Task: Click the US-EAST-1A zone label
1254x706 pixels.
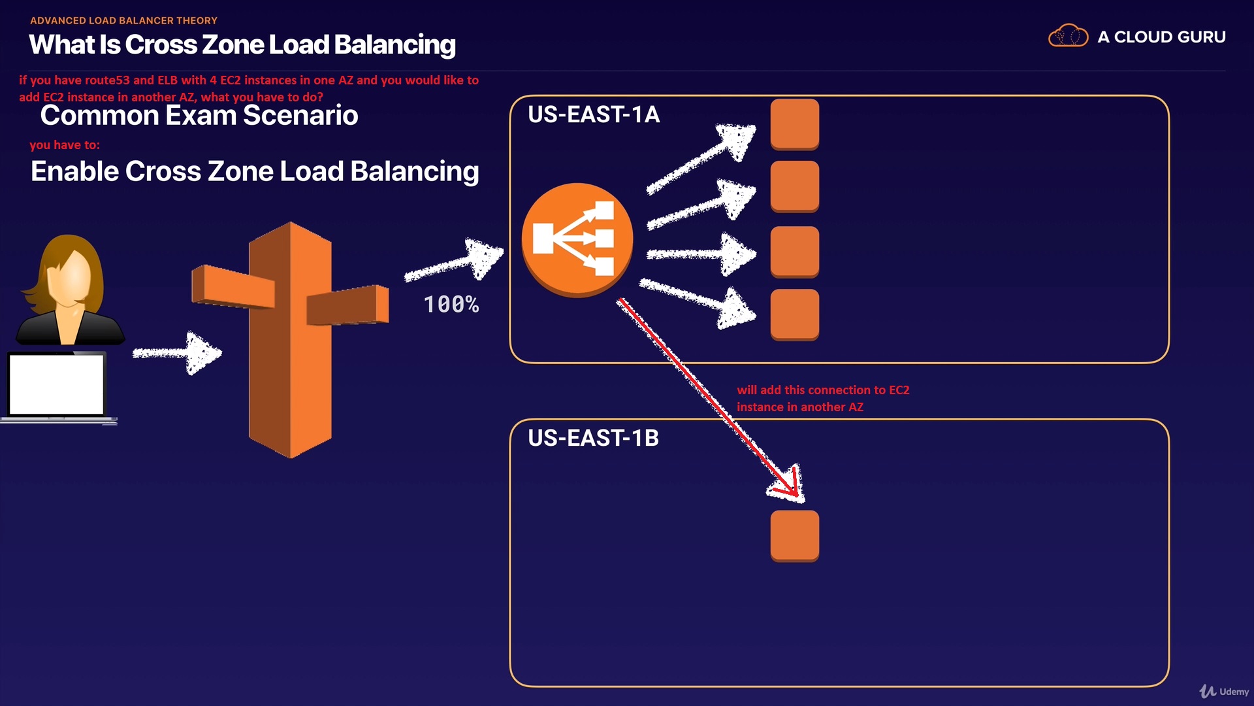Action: [594, 115]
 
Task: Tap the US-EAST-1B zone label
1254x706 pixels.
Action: [593, 438]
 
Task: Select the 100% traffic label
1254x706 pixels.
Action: [451, 305]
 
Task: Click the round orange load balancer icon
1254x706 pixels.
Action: [577, 240]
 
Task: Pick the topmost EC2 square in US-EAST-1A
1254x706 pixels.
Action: [795, 124]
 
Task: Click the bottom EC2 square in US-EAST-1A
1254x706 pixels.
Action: [795, 314]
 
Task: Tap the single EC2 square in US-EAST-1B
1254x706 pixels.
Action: [795, 535]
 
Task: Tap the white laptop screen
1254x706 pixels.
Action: [57, 384]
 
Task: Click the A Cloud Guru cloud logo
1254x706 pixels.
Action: [1068, 37]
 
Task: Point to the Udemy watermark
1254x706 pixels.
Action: [1224, 691]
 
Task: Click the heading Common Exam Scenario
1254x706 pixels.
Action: [199, 116]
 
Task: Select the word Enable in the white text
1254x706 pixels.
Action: [74, 171]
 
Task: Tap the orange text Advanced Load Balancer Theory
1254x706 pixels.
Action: [123, 20]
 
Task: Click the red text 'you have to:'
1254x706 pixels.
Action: [65, 145]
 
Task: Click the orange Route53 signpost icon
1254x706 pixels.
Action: [290, 340]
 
